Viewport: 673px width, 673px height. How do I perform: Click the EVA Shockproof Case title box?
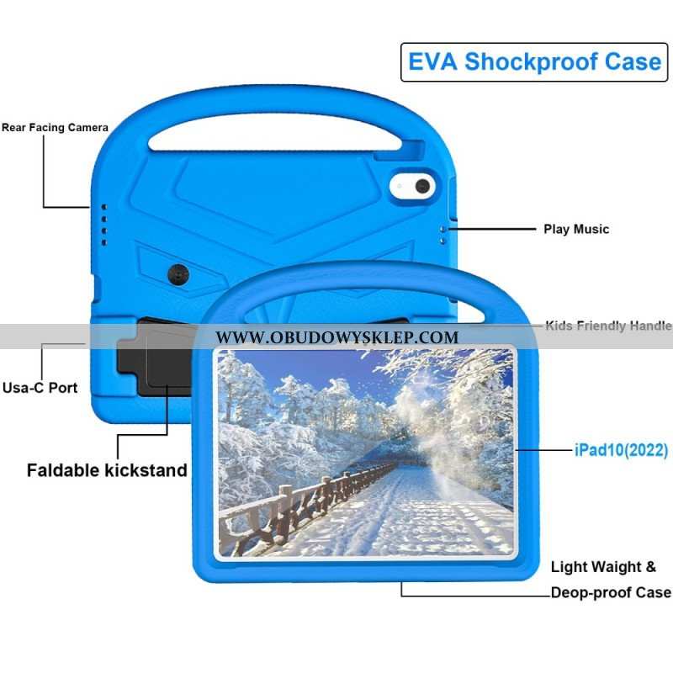tap(534, 62)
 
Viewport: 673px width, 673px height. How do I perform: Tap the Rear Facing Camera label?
tap(55, 128)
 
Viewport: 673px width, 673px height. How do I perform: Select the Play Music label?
tap(576, 229)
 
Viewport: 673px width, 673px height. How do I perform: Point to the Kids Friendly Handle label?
tap(608, 326)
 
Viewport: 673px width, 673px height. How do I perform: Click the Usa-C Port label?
tap(40, 388)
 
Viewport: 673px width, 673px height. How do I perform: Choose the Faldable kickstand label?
tap(107, 470)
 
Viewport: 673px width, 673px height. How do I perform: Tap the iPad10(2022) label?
tap(621, 450)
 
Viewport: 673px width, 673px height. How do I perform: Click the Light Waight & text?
tap(603, 566)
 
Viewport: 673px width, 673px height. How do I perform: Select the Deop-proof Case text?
tap(611, 593)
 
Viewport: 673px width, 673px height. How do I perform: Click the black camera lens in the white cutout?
tap(422, 186)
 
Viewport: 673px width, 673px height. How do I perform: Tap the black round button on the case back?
tap(178, 274)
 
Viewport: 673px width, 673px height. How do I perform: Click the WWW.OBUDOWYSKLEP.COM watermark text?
tap(337, 337)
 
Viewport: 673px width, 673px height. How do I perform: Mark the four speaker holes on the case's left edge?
tap(103, 225)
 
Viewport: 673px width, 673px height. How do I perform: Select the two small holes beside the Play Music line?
tap(442, 236)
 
